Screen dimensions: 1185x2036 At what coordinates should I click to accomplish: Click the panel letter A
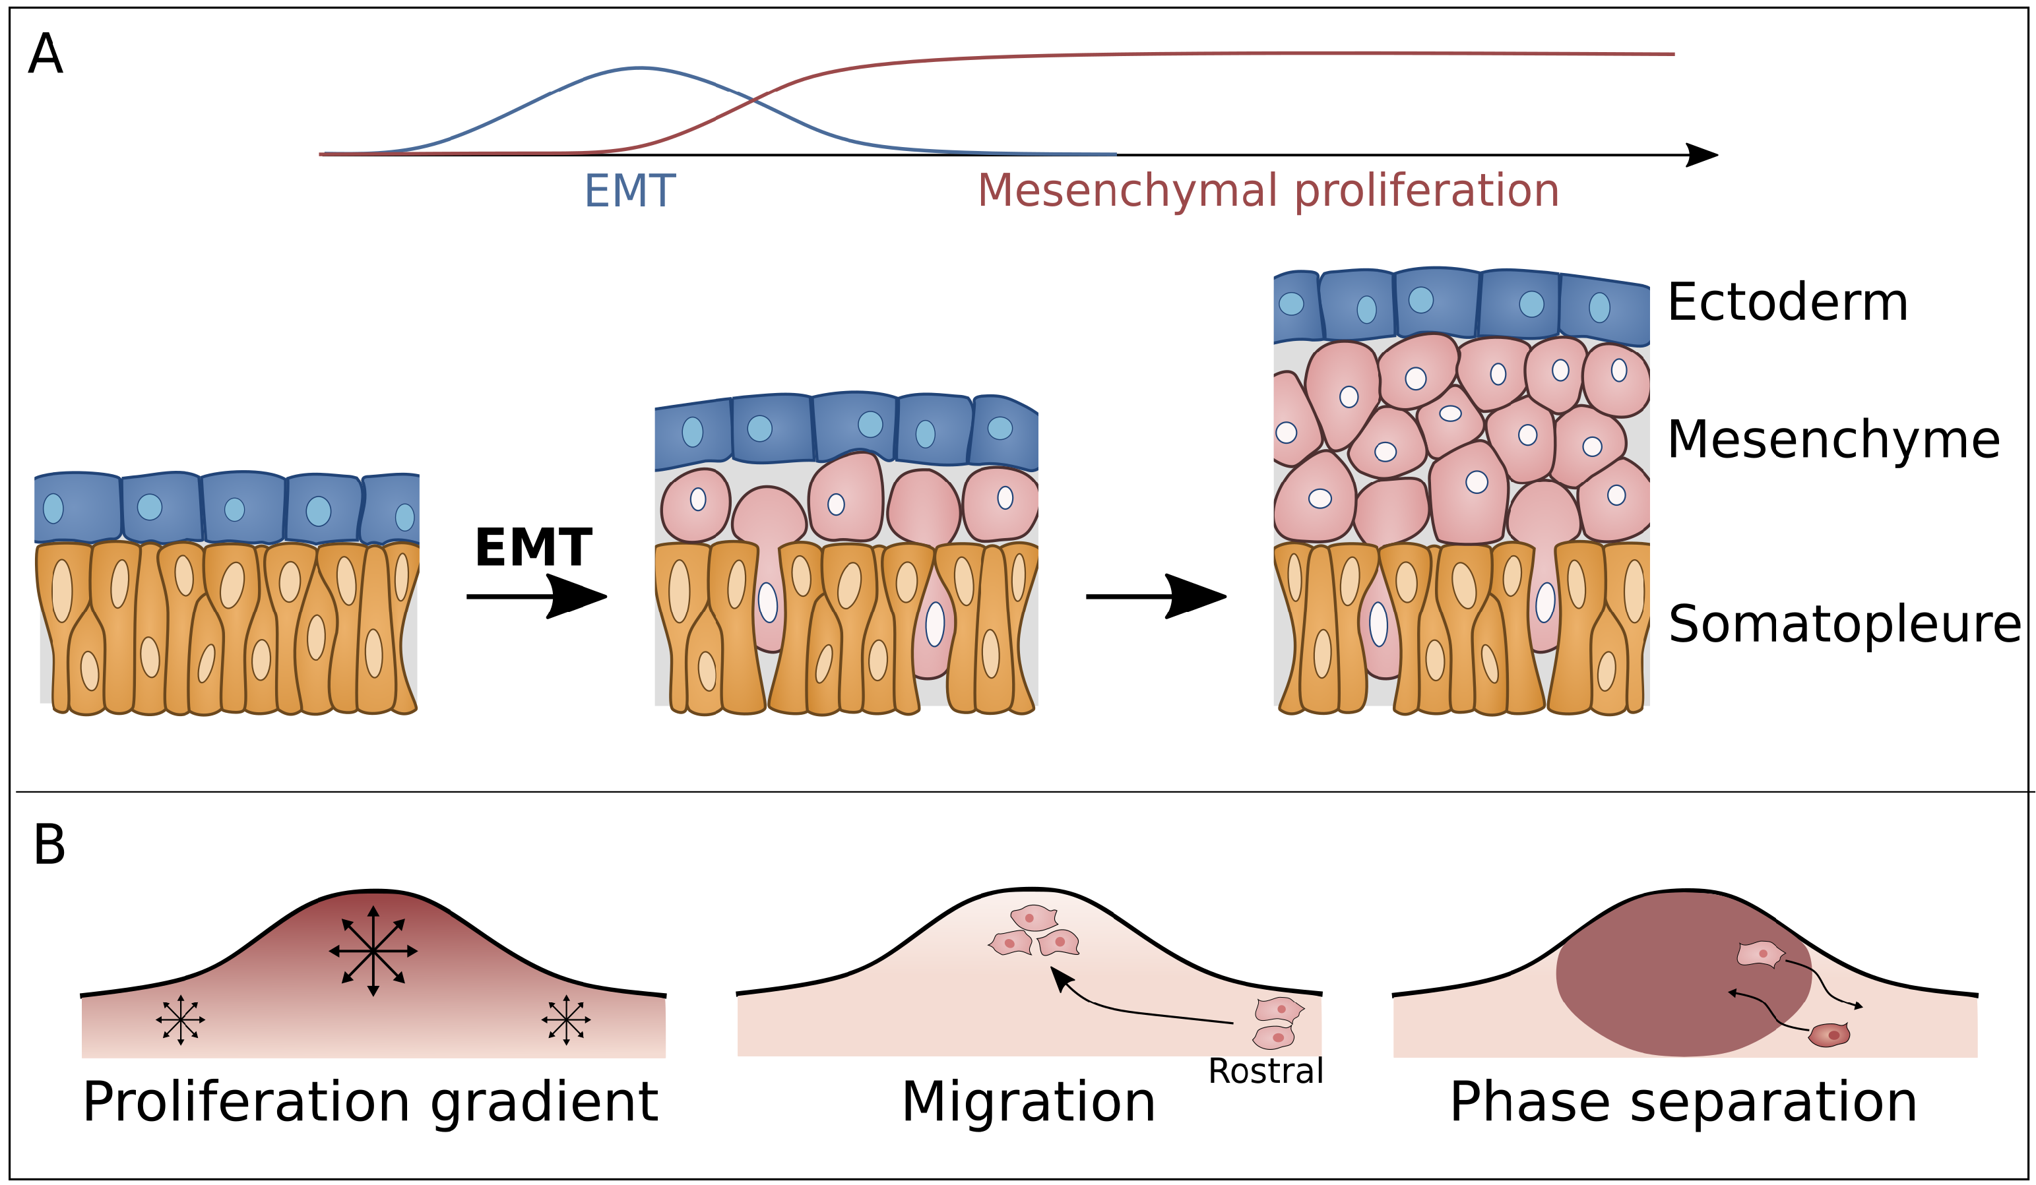(46, 54)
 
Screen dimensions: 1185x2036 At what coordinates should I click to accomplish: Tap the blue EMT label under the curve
(629, 191)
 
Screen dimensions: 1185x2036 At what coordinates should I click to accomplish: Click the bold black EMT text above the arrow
(533, 548)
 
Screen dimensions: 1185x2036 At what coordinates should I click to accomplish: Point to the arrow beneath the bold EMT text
(537, 597)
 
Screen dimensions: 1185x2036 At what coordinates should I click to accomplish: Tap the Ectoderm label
(1787, 302)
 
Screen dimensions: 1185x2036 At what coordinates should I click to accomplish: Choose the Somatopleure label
(1844, 624)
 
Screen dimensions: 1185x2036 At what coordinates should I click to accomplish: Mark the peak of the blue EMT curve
(640, 69)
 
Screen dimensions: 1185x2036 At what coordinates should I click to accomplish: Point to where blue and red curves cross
(753, 100)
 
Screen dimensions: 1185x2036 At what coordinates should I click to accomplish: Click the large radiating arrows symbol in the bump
(373, 952)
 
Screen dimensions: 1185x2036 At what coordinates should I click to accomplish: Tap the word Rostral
(1265, 1071)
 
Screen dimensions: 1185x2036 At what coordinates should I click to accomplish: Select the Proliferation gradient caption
(370, 1103)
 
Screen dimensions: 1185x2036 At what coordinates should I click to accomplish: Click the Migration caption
(1029, 1103)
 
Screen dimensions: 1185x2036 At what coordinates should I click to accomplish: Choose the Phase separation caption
(1684, 1103)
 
